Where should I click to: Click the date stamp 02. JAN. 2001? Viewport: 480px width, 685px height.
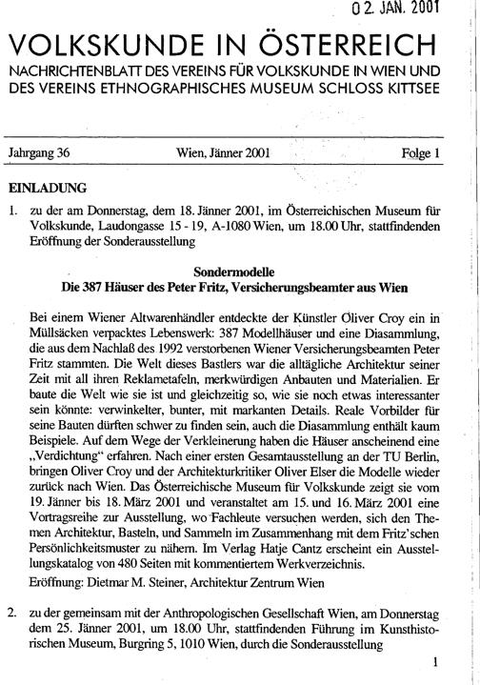click(410, 10)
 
